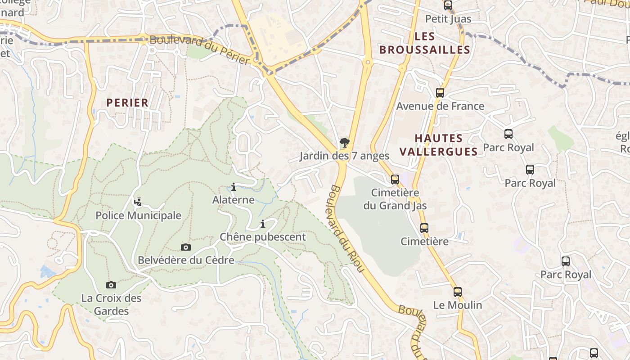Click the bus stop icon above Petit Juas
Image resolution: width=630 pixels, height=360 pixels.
[x=448, y=5]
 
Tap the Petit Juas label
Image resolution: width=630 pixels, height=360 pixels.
[x=448, y=19]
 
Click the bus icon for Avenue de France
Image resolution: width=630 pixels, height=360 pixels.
[x=440, y=93]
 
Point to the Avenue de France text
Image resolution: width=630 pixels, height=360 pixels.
[x=440, y=106]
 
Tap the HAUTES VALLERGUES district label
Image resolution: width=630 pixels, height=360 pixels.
[x=438, y=144]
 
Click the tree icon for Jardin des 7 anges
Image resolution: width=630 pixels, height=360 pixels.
[x=345, y=143]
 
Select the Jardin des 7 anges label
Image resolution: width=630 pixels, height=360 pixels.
[x=344, y=156]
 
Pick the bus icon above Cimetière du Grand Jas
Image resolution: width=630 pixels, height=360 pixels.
[x=395, y=180]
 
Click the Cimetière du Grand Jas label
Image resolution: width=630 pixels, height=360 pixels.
[x=395, y=199]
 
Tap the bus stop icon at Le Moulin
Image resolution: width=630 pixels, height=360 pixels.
[x=458, y=292]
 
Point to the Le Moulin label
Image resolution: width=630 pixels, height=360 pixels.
[x=458, y=305]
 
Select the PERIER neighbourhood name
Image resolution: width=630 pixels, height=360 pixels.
[x=127, y=103]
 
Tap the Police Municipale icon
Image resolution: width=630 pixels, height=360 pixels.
[x=138, y=202]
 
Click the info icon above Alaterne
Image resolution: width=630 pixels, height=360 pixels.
[x=233, y=187]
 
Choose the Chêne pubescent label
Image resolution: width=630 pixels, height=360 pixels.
[x=262, y=237]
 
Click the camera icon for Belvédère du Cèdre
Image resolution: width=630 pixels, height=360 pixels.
[x=186, y=247]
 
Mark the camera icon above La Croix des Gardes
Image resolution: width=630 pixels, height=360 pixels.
[x=111, y=285]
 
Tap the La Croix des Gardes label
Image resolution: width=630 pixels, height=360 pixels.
[x=111, y=305]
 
